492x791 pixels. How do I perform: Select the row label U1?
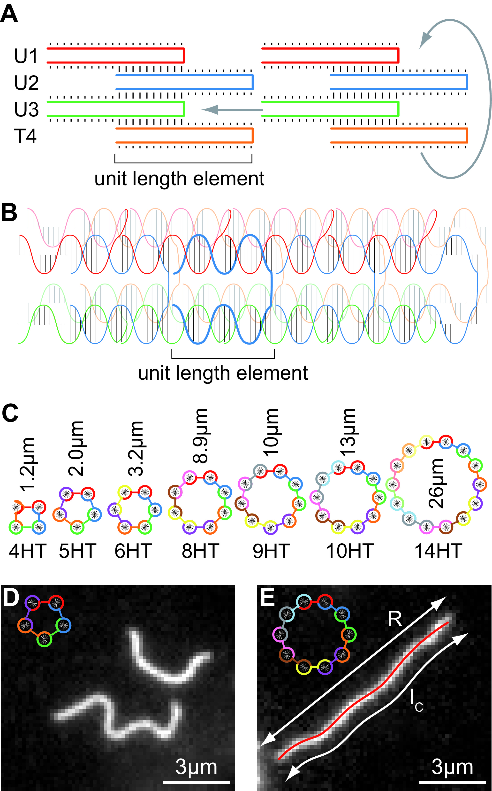pyautogui.click(x=26, y=56)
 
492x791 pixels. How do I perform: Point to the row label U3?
pyautogui.click(x=26, y=109)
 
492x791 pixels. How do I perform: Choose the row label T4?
pyautogui.click(x=25, y=136)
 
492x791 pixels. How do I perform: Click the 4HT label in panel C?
pyautogui.click(x=28, y=551)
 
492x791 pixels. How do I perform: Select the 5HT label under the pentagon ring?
pyautogui.click(x=77, y=551)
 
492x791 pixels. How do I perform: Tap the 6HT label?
pyautogui.click(x=133, y=551)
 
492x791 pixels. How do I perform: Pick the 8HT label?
pyautogui.click(x=200, y=551)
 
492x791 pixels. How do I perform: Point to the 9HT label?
pyautogui.click(x=271, y=551)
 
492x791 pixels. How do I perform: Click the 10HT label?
pyautogui.click(x=349, y=551)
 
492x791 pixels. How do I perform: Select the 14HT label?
pyautogui.click(x=438, y=551)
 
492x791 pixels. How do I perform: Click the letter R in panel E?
pyautogui.click(x=395, y=619)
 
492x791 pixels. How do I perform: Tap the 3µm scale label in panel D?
pyautogui.click(x=196, y=767)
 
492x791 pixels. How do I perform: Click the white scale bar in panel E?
pyautogui.click(x=452, y=782)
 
